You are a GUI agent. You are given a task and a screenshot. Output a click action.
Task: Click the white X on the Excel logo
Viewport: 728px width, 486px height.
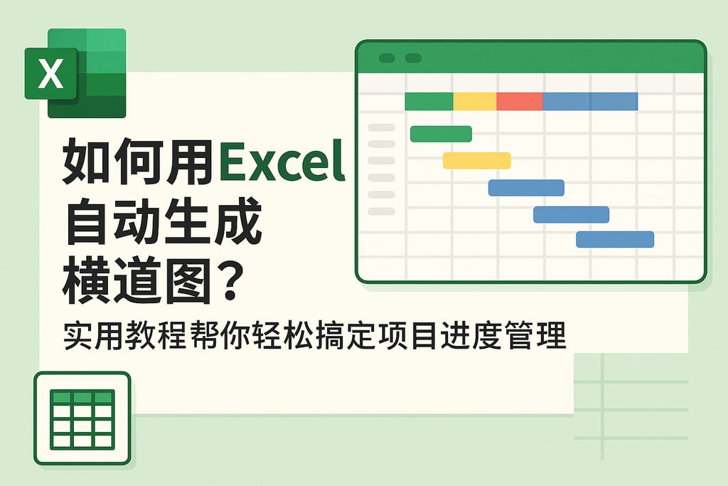50,74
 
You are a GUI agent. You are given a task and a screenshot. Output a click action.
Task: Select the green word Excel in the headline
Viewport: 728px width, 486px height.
282,162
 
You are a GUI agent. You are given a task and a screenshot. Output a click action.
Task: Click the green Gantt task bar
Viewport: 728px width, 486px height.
441,134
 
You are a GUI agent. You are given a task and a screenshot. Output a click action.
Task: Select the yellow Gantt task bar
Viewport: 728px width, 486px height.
476,160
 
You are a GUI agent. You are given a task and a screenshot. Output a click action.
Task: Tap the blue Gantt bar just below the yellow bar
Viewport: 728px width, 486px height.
526,187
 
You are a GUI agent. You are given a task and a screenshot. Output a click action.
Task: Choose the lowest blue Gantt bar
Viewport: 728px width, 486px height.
615,239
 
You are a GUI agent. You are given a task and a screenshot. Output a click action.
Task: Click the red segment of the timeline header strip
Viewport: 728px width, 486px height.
519,102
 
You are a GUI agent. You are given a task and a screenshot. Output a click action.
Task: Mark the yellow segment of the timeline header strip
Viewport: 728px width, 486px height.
474,102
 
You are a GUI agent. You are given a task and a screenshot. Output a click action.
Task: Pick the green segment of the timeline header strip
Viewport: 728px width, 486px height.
429,102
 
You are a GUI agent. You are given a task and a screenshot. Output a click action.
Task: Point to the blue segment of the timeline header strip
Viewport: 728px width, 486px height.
590,102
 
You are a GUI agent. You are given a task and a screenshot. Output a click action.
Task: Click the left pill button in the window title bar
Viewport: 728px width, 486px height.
387,58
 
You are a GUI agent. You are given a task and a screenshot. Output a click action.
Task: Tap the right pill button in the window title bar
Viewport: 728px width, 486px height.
412,58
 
